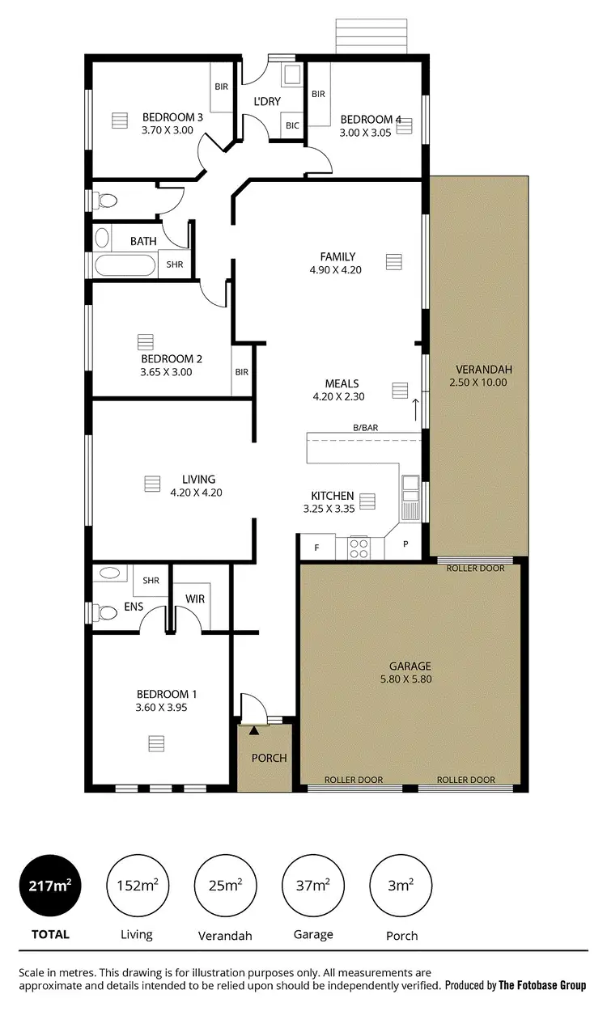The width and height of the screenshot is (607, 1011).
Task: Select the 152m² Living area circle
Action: [x=136, y=886]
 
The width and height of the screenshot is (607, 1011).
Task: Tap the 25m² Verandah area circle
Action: [x=225, y=886]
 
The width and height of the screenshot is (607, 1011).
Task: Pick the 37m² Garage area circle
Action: [x=313, y=886]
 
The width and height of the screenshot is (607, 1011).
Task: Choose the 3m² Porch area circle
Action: [x=401, y=886]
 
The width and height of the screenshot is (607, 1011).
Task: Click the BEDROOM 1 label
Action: [x=166, y=694]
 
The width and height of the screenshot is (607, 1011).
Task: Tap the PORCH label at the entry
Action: [x=270, y=758]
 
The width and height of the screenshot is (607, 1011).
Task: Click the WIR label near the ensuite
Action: [x=194, y=599]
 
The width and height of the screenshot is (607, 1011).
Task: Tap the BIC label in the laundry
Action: [x=292, y=125]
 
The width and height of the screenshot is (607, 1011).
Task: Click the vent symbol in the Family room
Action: [x=394, y=262]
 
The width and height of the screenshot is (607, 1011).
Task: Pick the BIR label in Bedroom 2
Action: [x=241, y=372]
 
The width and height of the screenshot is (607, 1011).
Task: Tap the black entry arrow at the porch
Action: [x=254, y=730]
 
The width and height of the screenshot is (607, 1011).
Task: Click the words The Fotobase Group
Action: [x=543, y=985]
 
